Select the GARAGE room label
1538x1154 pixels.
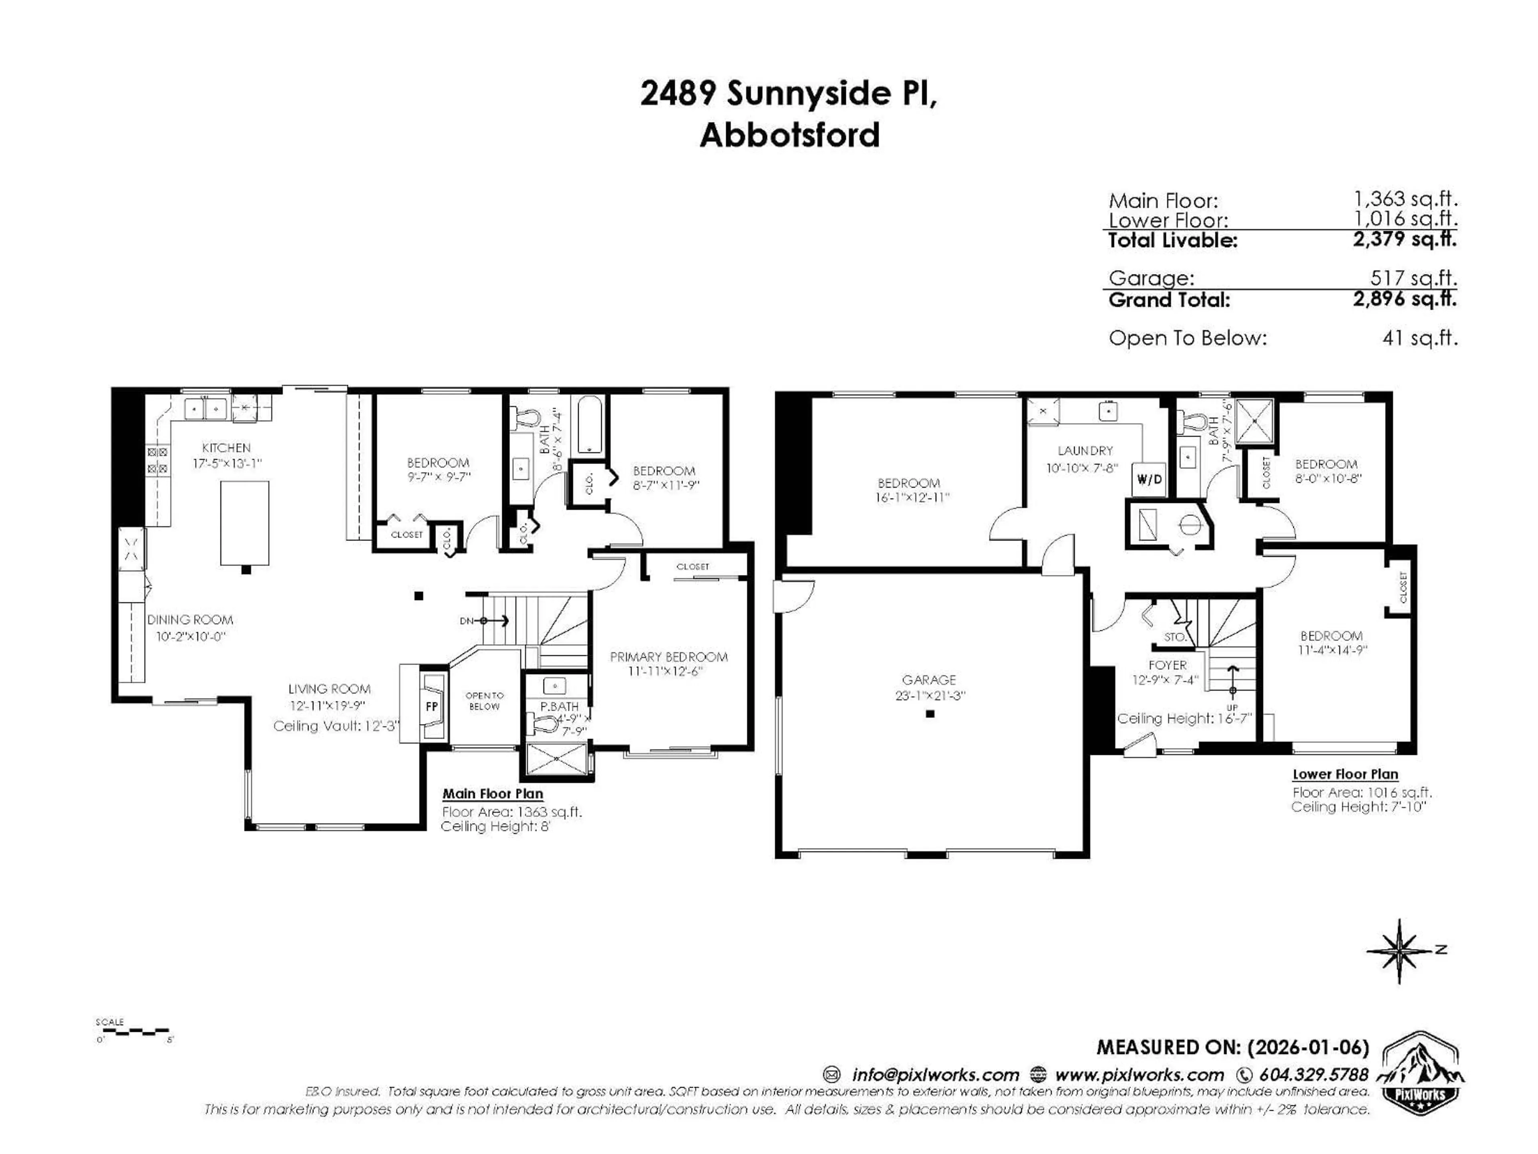929,680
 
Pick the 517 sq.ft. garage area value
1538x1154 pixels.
1413,278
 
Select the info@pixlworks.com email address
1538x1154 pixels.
935,1075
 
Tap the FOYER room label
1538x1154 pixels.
1168,665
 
